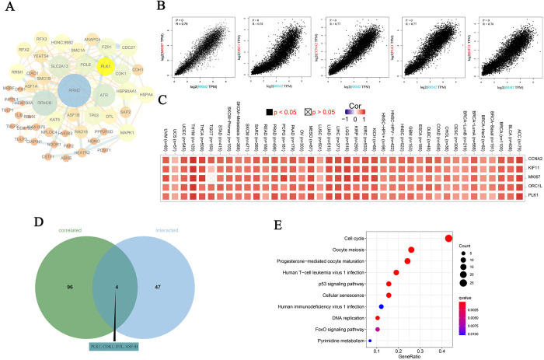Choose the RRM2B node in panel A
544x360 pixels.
(x=45, y=103)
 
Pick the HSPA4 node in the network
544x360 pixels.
(x=147, y=94)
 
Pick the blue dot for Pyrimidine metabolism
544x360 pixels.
(x=370, y=341)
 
